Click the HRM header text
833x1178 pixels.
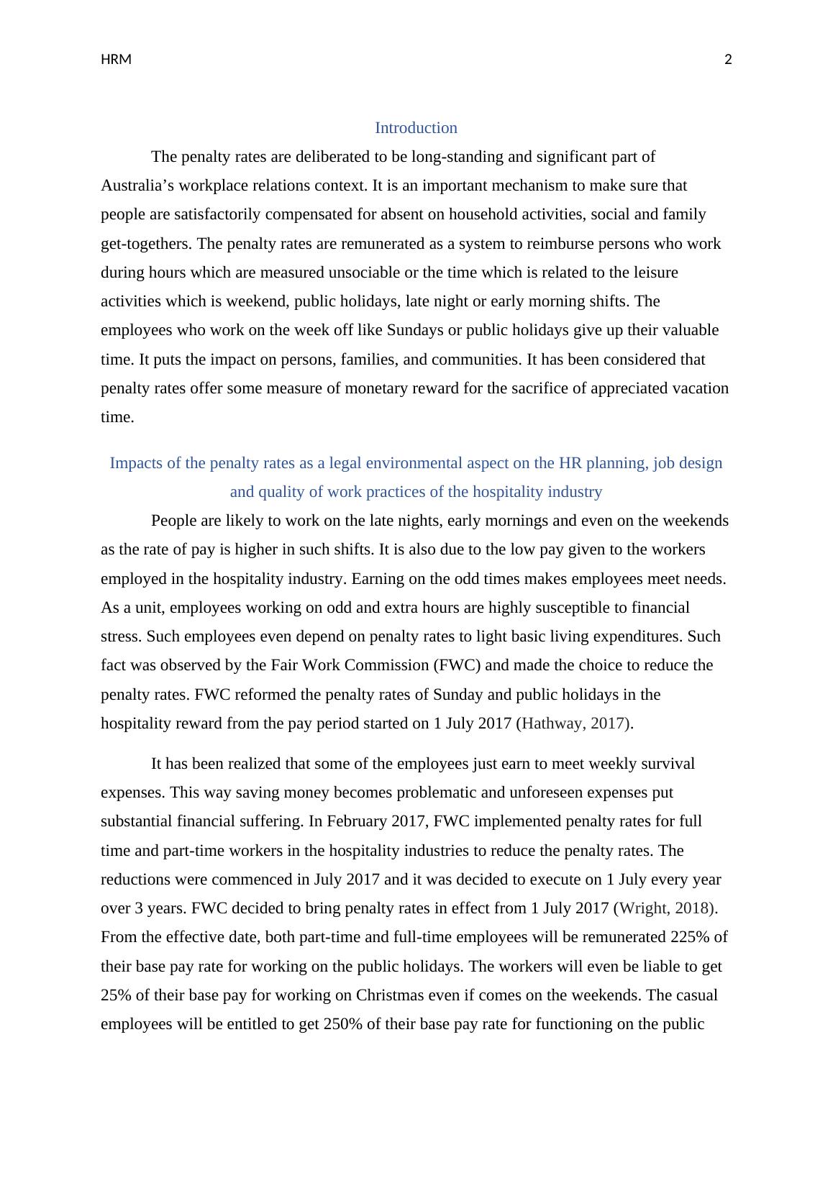pos(116,60)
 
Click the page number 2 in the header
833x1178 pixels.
pos(728,60)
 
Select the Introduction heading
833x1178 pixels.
pos(416,128)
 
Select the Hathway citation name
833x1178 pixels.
pos(552,723)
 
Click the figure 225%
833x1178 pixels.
pos(691,937)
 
